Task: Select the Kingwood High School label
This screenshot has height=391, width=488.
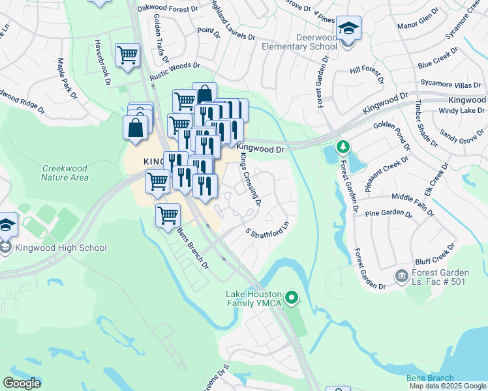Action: click(53, 248)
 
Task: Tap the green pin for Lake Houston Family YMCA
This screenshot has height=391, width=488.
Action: click(292, 298)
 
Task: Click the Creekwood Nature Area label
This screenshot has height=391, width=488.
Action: click(65, 172)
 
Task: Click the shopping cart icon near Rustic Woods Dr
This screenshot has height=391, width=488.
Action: click(127, 55)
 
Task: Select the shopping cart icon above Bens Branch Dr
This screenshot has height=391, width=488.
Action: click(168, 214)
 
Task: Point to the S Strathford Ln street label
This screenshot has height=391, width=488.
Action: click(267, 231)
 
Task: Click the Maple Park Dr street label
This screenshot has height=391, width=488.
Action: click(67, 78)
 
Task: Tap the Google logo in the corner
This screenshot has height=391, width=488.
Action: click(22, 383)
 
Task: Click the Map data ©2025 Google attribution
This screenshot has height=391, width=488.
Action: click(448, 386)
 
